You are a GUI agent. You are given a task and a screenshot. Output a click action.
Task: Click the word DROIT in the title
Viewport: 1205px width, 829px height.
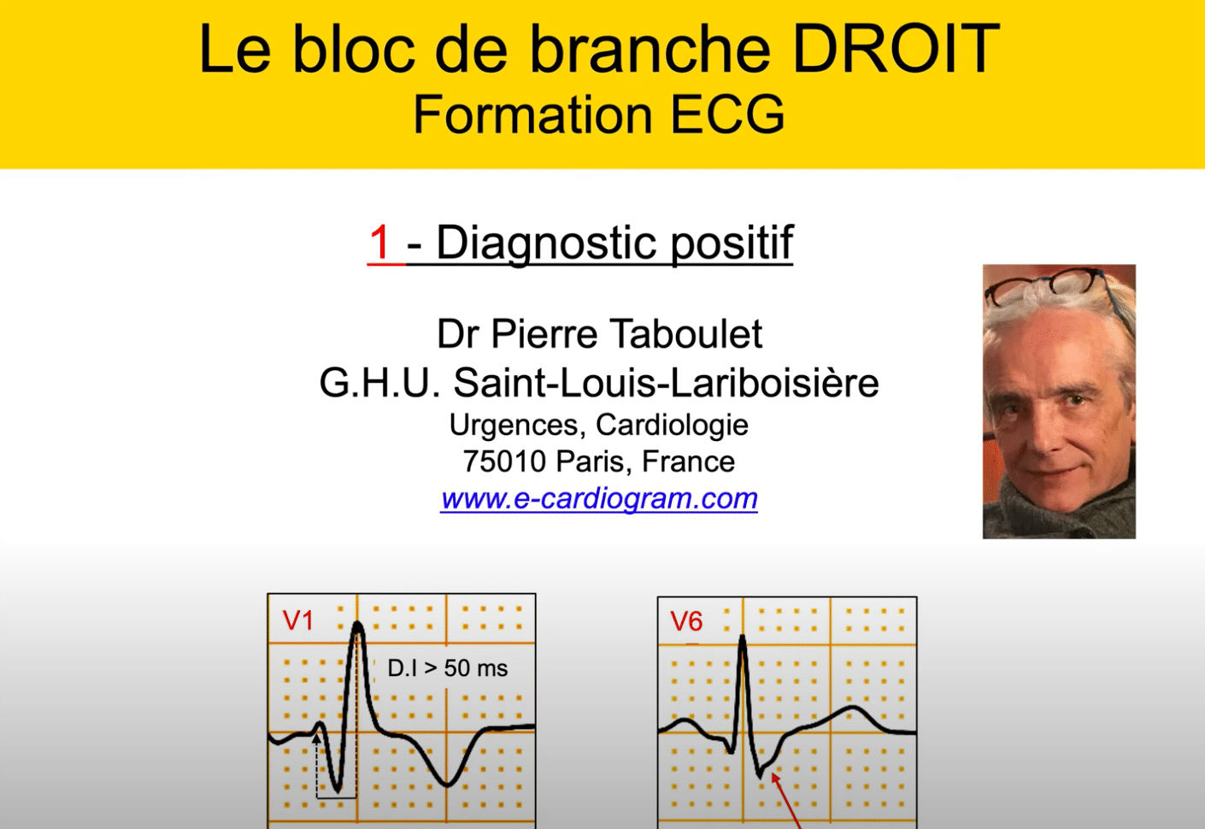(896, 49)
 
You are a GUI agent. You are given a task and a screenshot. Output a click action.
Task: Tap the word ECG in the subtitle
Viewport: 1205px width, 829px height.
(728, 115)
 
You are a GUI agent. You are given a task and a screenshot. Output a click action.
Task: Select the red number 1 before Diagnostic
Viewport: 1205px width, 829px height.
(380, 243)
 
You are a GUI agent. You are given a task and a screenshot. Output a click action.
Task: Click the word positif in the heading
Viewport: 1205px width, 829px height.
(732, 244)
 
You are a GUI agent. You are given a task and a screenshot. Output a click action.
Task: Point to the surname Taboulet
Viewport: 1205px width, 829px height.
(686, 334)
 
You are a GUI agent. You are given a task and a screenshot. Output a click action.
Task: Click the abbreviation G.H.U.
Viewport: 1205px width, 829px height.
(379, 383)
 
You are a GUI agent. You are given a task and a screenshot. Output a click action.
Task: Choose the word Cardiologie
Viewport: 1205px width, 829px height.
(672, 426)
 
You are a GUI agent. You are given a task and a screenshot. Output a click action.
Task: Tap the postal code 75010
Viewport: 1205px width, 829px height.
(504, 462)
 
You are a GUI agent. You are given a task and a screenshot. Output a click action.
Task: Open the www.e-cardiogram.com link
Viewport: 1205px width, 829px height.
(599, 499)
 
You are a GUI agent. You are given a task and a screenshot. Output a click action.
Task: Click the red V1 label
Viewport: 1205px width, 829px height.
(297, 620)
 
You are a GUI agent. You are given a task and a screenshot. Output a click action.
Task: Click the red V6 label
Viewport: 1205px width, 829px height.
(686, 621)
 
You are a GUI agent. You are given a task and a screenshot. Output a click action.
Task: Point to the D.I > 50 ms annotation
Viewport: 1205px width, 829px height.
(448, 668)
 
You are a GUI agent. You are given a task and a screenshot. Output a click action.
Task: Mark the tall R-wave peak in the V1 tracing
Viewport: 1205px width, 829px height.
(357, 625)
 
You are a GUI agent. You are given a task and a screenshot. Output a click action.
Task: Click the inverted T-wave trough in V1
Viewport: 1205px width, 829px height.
(447, 785)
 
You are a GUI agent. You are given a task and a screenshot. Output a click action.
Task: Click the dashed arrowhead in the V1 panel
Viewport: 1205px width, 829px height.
(316, 738)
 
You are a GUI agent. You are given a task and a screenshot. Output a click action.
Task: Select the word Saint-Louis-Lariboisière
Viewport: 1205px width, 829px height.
(666, 383)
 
